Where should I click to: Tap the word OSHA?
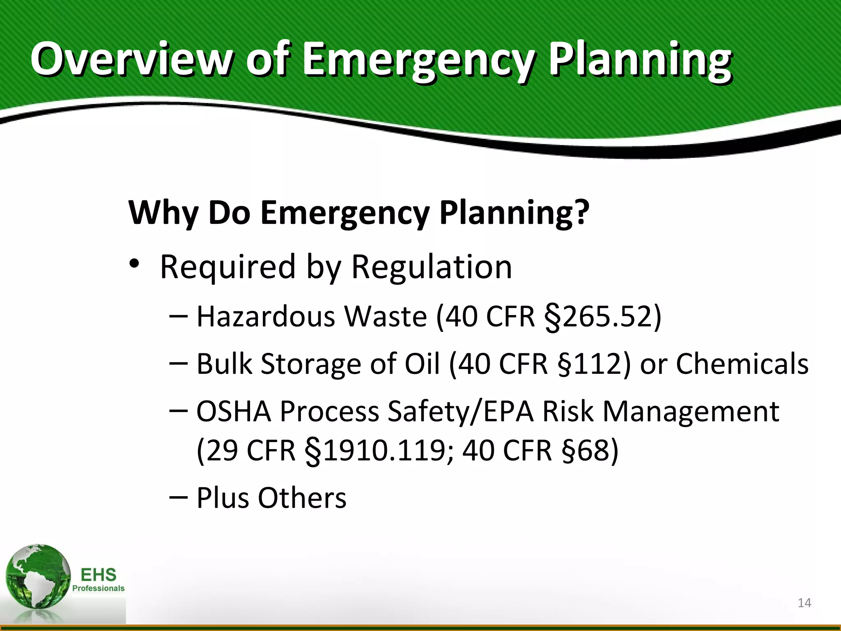pos(234,411)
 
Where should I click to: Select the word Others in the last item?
pos(302,498)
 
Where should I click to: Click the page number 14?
pos(804,603)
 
